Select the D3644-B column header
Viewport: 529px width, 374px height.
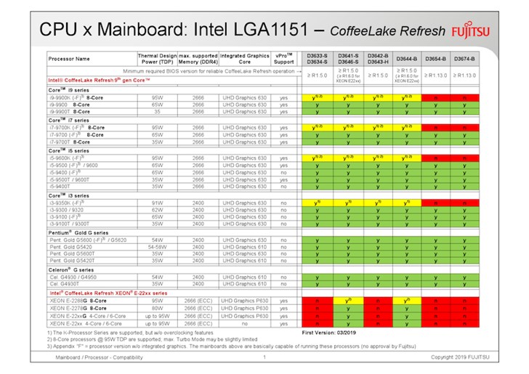408,58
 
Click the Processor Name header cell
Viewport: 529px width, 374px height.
70,58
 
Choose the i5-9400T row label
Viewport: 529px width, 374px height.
66,186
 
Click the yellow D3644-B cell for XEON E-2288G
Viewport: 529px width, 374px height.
408,301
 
